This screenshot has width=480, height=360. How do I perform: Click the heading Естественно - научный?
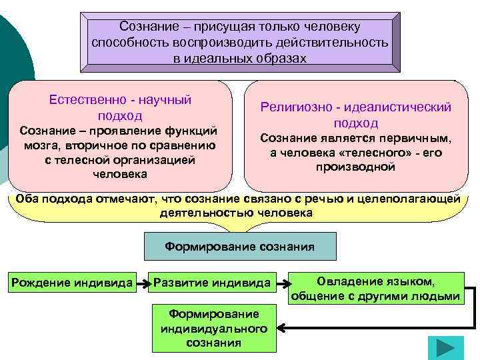120,99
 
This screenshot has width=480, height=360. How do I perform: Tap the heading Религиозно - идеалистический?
356,107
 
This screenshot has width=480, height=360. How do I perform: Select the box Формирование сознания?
240,247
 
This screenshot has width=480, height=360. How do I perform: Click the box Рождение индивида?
71,283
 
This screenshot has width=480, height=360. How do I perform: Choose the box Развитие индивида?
212,283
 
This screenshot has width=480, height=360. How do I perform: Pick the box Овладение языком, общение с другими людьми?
375,289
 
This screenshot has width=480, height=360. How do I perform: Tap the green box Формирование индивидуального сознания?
214,328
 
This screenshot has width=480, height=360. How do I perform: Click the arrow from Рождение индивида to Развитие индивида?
143,283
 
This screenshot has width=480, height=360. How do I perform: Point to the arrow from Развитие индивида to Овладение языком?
281,283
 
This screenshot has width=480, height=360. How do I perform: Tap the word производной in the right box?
355,167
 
